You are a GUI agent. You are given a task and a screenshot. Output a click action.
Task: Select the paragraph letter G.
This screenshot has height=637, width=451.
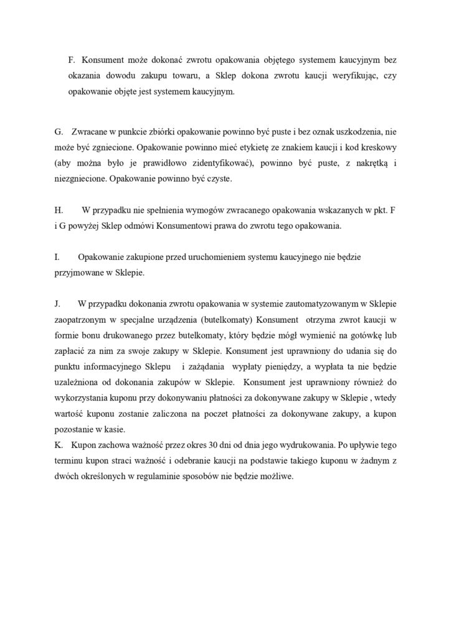click(59, 133)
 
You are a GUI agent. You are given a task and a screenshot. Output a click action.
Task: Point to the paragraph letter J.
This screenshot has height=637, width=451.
click(57, 304)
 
